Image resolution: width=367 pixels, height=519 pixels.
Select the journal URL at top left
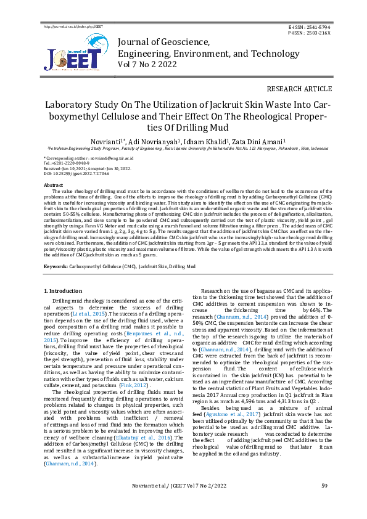[x=73, y=28]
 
